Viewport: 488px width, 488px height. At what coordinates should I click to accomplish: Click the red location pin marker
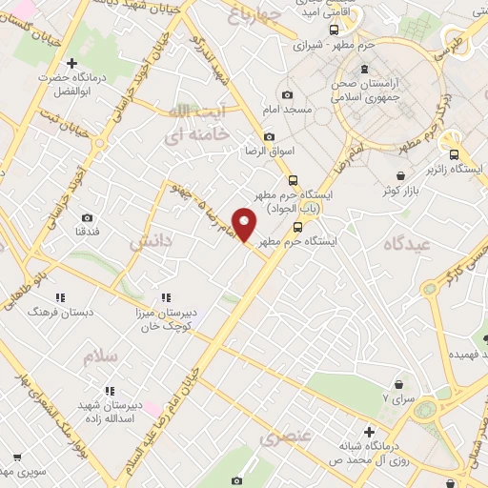(246, 224)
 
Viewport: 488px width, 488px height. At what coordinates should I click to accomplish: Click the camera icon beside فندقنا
(88, 218)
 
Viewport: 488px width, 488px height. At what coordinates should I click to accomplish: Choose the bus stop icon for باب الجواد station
(293, 179)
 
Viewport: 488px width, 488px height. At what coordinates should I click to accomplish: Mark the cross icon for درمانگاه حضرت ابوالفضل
(72, 63)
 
